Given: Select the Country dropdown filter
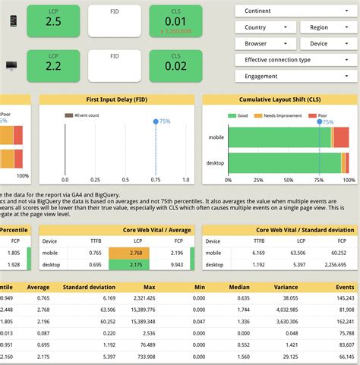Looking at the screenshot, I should (266, 27).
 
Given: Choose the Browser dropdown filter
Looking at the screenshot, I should (266, 43).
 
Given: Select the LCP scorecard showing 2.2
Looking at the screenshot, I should (53, 66).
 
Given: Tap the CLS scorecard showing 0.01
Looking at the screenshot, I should (175, 20).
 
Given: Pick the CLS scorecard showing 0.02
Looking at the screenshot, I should (175, 66).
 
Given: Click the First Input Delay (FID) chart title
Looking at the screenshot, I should (117, 99).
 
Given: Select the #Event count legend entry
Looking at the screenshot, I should (84, 115).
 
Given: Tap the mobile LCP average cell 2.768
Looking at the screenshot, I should (126, 252).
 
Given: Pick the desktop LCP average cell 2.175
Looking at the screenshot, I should (126, 264).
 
